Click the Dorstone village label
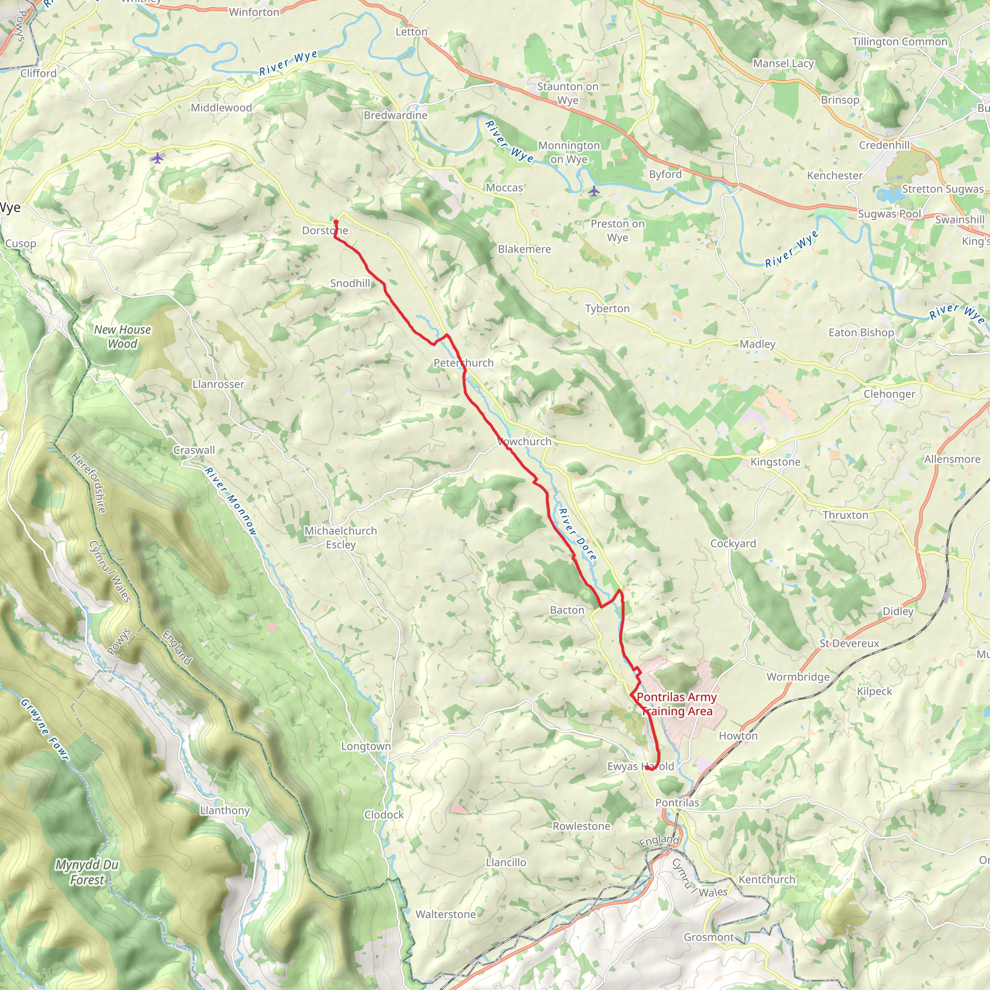point(325,231)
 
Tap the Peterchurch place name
point(463,363)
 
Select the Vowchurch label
point(524,441)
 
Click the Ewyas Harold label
point(641,766)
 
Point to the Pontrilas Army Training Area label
point(676,704)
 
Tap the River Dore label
point(578,535)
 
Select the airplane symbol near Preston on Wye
point(594,191)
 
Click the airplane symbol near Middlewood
point(157,158)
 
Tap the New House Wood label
point(122,336)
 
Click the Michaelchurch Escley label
point(341,538)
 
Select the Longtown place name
point(366,746)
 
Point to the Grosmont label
point(709,937)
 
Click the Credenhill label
point(885,145)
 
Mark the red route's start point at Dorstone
point(336,222)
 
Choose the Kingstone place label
point(775,462)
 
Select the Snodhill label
point(350,283)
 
